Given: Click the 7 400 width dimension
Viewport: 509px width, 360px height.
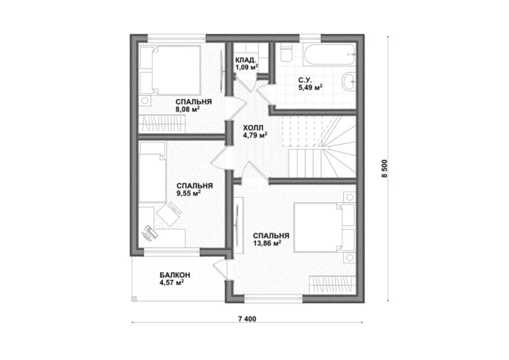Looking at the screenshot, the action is point(247,319).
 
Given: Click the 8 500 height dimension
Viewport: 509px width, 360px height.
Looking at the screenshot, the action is point(385,168).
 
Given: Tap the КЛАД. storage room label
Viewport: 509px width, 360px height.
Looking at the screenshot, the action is point(246,60).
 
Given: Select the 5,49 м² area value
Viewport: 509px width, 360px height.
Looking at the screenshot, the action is point(310,87).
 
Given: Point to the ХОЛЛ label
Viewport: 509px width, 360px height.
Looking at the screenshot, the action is point(253,127).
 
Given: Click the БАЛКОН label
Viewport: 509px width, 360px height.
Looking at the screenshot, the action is point(175,275).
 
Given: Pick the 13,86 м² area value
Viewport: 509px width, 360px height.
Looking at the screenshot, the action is point(267,243).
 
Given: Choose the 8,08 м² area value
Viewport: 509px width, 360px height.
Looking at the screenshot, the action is point(188,109).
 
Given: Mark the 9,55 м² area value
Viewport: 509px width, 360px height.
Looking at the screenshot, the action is point(188,193).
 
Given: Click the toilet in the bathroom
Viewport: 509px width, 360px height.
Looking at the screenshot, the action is point(286,53).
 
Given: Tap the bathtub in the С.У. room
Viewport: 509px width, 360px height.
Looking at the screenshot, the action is point(329,54).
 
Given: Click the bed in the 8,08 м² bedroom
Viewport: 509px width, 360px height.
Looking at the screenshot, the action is point(169,70).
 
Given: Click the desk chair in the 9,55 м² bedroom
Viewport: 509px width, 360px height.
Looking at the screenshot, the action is point(168,214).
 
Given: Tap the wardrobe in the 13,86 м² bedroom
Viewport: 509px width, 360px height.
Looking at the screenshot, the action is point(333,285).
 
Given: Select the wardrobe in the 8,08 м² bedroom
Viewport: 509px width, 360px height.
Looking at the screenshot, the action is point(161,124).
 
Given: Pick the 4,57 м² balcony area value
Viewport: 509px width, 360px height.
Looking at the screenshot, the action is point(172,283).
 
